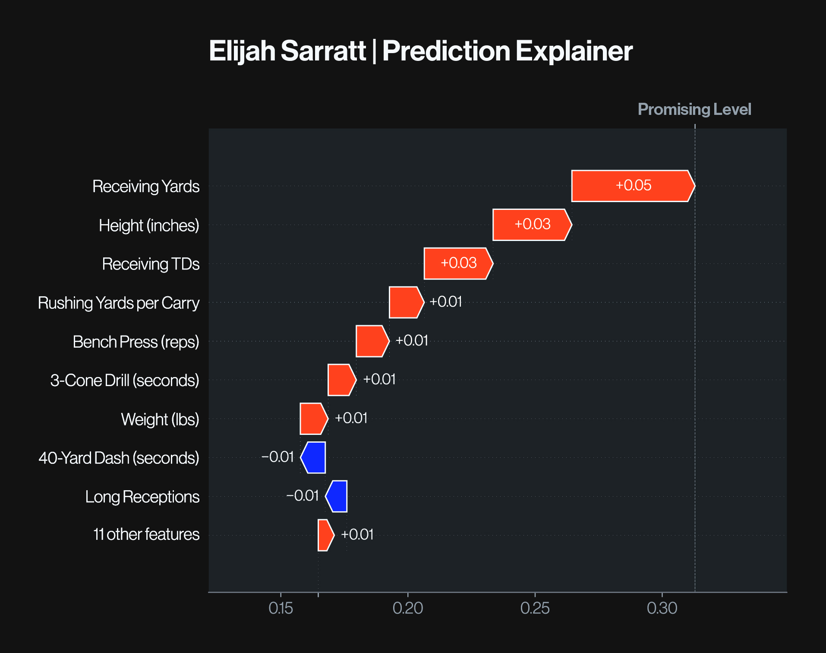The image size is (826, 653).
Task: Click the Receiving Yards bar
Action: (633, 186)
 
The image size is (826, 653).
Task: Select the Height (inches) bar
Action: (532, 225)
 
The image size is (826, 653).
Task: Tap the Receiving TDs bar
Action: (458, 263)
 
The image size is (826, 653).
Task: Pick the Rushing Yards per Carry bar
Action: (407, 302)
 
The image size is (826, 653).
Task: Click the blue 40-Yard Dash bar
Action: (313, 457)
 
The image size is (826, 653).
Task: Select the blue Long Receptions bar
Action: (336, 496)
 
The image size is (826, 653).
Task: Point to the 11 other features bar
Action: (326, 535)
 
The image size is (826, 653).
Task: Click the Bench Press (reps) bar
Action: (372, 341)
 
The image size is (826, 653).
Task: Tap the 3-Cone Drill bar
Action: (342, 380)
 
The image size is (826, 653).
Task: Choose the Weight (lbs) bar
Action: (314, 418)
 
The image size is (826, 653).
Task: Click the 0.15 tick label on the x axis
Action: (281, 608)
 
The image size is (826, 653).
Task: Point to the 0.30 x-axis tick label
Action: (662, 608)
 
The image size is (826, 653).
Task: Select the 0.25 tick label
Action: (535, 608)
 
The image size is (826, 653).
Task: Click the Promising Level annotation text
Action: (694, 110)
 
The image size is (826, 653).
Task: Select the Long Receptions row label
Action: (142, 497)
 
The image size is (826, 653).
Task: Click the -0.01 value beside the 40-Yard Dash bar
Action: (277, 457)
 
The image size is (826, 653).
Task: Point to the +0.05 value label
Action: (633, 185)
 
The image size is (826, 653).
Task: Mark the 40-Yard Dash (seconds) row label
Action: (119, 458)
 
